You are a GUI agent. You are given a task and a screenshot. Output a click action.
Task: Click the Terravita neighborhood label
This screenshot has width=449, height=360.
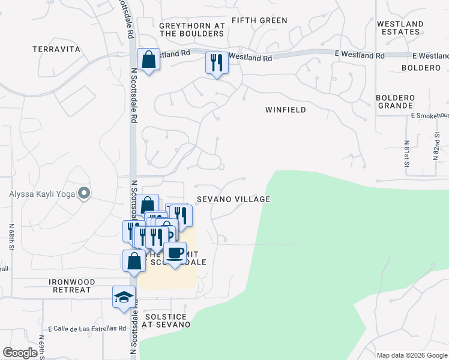[56, 49]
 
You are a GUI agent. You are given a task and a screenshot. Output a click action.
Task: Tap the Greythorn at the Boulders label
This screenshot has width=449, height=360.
[191, 29]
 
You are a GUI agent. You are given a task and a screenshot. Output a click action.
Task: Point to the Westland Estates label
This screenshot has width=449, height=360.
[400, 28]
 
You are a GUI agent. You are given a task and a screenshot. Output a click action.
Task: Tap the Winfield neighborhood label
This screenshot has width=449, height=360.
[286, 110]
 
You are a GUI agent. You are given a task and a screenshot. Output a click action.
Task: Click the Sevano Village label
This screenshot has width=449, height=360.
[233, 199]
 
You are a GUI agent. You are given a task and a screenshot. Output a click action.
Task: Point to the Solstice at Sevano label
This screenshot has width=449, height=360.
[166, 320]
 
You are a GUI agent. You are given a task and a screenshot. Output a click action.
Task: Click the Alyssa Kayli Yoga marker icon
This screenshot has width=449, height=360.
[85, 193]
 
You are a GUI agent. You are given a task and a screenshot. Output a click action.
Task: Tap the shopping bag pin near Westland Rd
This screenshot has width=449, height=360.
[148, 60]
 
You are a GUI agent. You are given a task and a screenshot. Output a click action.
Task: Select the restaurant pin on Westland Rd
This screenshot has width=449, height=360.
[216, 62]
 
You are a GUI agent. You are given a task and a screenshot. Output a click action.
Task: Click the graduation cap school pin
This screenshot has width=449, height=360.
[124, 297]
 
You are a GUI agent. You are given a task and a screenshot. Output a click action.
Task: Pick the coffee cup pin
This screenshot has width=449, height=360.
[175, 253]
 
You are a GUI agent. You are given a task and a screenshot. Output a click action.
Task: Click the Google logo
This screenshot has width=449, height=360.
[20, 353]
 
